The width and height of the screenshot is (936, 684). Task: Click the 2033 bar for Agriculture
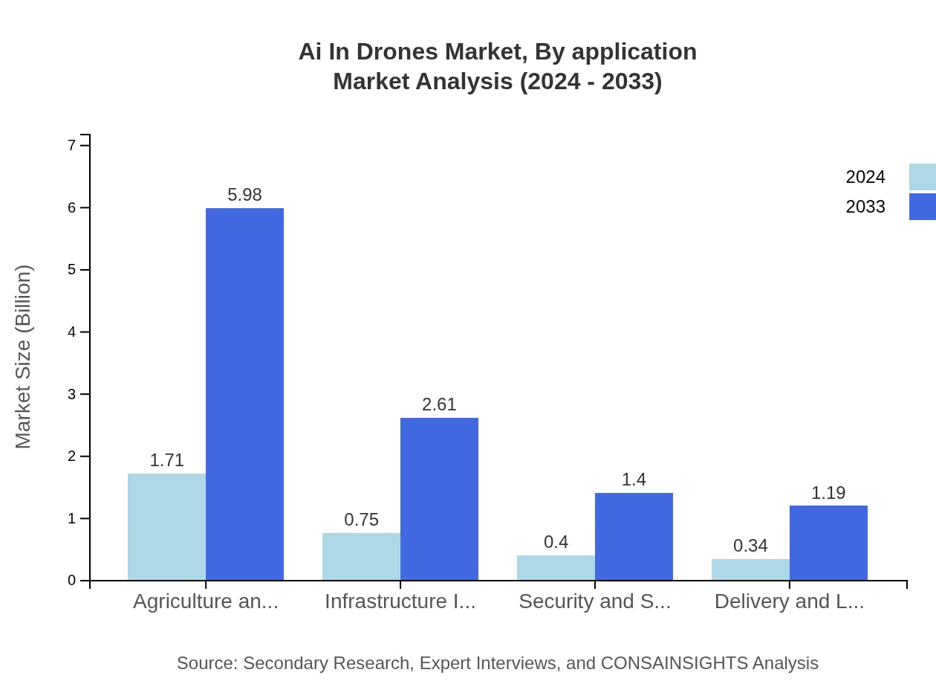[x=244, y=394]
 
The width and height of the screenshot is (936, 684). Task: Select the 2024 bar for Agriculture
[x=166, y=526]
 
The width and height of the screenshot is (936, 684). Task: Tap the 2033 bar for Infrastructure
[x=439, y=499]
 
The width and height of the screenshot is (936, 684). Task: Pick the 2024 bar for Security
[x=556, y=567]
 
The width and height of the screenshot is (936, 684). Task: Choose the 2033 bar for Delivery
[x=828, y=543]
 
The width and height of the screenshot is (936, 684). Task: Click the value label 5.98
[x=244, y=195]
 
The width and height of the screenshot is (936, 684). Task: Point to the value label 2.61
[x=439, y=404]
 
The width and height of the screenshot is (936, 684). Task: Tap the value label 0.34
[x=750, y=546]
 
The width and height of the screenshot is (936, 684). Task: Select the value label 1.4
[x=634, y=480]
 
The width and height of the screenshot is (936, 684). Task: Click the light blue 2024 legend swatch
[x=922, y=177]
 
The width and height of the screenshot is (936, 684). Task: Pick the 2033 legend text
[x=865, y=207]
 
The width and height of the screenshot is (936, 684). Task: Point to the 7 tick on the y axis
[x=72, y=145]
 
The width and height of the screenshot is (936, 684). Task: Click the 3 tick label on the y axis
[x=72, y=394]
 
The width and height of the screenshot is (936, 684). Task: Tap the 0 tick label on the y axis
[x=72, y=581]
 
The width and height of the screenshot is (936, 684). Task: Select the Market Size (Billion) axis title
[x=24, y=357]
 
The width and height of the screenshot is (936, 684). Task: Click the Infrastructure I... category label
[x=400, y=601]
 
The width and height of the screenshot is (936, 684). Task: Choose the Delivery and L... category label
[x=789, y=601]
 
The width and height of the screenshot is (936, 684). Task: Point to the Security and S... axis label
[x=594, y=601]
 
